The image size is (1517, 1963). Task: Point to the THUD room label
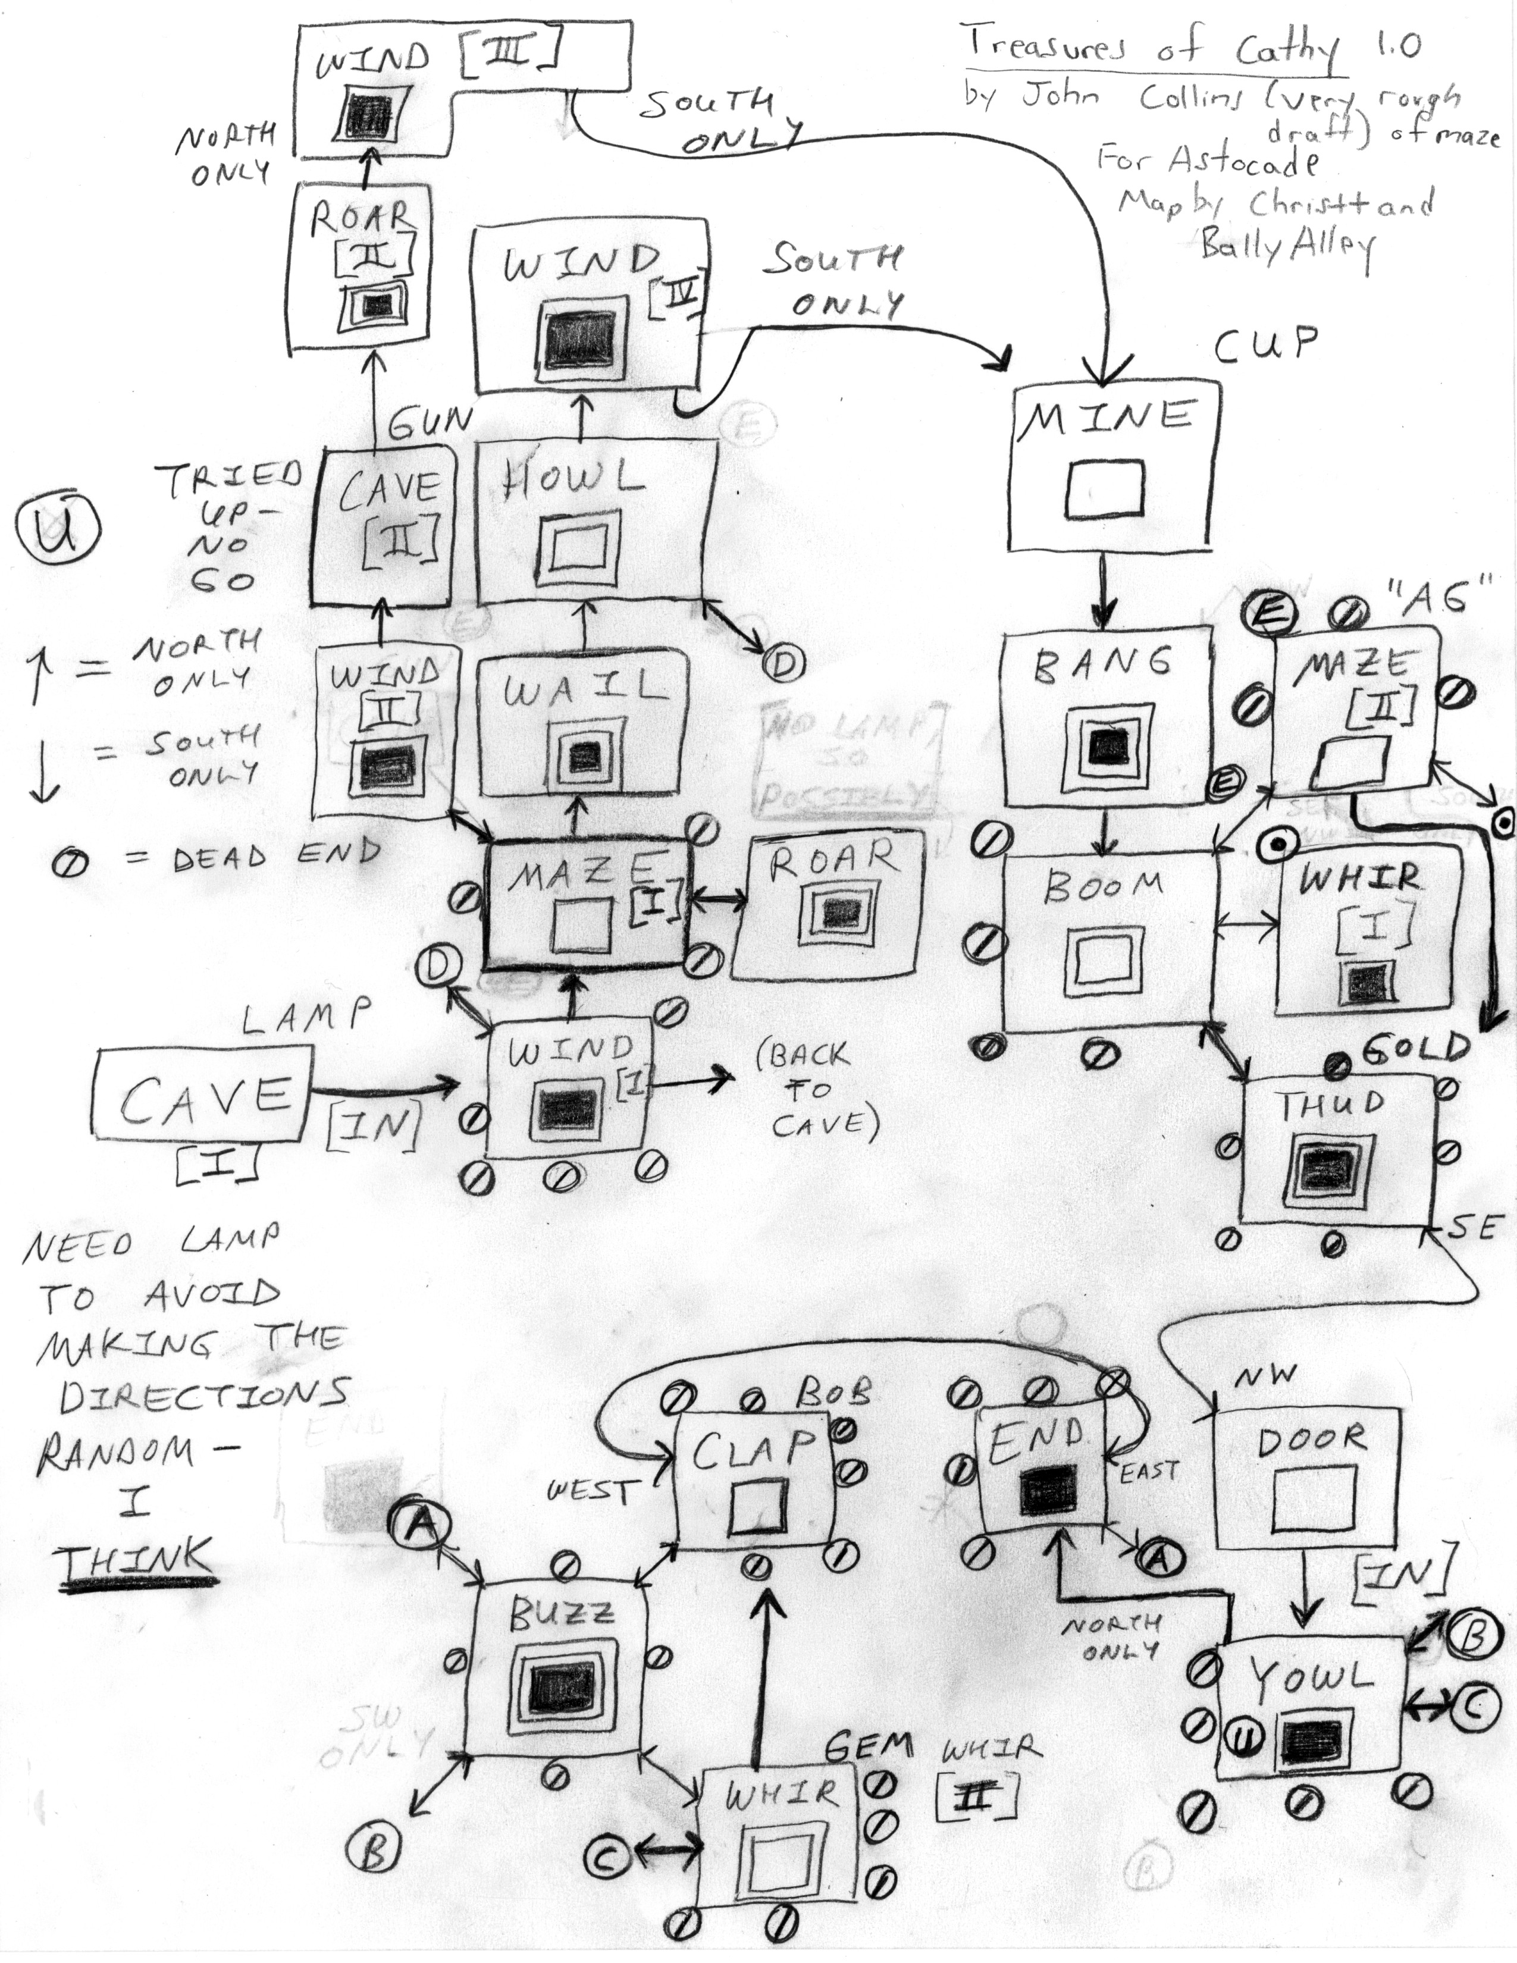(x=1331, y=1105)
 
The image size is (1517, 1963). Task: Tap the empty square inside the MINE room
(x=1105, y=490)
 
